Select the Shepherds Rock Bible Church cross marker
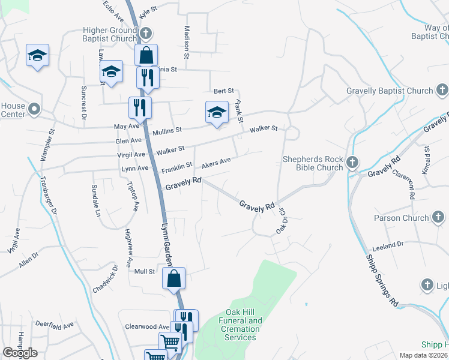352,162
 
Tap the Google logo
20,353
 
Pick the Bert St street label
223,91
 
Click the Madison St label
187,43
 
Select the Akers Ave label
216,163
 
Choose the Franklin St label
176,164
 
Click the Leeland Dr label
388,246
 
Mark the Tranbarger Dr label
48,195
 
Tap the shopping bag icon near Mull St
173,279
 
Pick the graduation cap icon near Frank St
217,112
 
